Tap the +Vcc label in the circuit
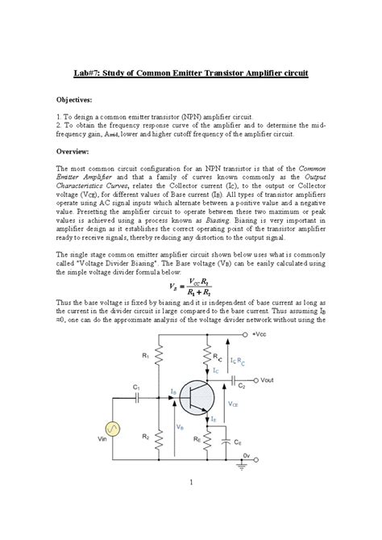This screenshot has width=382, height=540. pos(260,333)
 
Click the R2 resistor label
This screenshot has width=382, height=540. pos(147,435)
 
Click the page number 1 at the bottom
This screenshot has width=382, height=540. pos(190,504)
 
